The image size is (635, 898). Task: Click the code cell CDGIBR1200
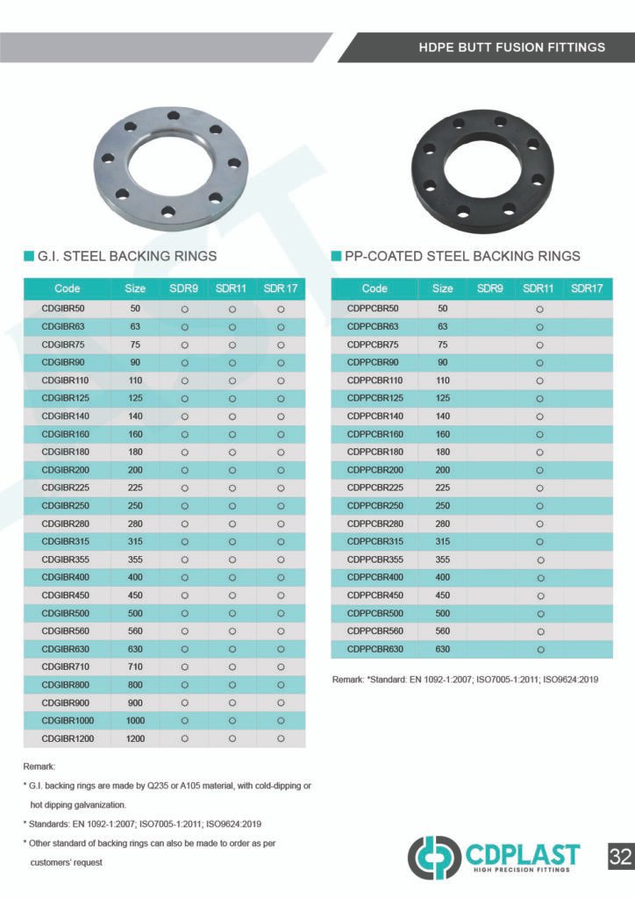[68, 738]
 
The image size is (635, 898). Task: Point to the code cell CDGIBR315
[67, 541]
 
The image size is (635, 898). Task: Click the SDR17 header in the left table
[281, 289]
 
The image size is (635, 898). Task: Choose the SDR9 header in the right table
[490, 289]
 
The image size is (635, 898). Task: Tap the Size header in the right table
[443, 289]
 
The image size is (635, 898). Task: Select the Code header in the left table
[68, 289]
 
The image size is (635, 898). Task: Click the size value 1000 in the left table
[135, 721]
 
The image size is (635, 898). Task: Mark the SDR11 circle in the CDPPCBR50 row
[539, 309]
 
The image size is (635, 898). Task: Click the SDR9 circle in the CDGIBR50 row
[185, 309]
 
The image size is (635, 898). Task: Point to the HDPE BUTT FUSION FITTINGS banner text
[511, 46]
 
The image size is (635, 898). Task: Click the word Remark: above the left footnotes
[39, 766]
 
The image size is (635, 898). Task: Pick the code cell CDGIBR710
[67, 667]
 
